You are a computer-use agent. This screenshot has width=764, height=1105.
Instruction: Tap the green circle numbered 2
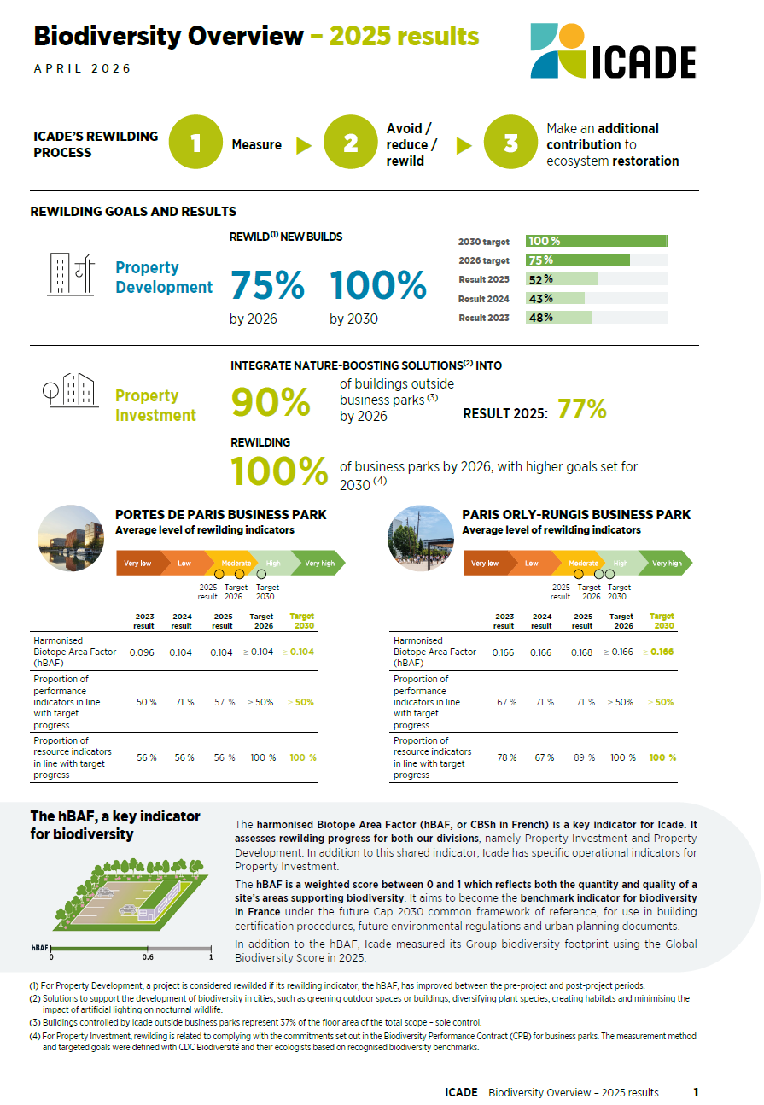pyautogui.click(x=351, y=143)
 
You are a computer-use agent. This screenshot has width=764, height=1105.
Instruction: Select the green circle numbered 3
pyautogui.click(x=510, y=143)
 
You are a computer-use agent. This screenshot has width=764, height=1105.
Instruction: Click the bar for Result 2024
pyautogui.click(x=556, y=299)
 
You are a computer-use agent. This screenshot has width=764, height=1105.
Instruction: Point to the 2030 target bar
pyautogui.click(x=596, y=242)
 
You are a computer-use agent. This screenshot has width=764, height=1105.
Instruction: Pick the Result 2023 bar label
pyautogui.click(x=484, y=318)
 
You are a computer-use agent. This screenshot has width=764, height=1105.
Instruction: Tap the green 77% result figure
pyautogui.click(x=581, y=411)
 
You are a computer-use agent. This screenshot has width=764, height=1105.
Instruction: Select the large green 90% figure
pyautogui.click(x=271, y=403)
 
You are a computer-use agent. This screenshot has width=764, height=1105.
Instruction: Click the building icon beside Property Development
pyautogui.click(x=70, y=274)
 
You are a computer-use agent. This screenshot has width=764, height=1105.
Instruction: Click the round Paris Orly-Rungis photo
pyautogui.click(x=421, y=538)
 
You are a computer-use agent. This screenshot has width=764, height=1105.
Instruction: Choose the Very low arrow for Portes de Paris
pyautogui.click(x=137, y=564)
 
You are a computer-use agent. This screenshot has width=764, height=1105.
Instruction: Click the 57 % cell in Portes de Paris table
pyautogui.click(x=222, y=702)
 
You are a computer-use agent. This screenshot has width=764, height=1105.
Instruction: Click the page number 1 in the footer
pyautogui.click(x=696, y=1092)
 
